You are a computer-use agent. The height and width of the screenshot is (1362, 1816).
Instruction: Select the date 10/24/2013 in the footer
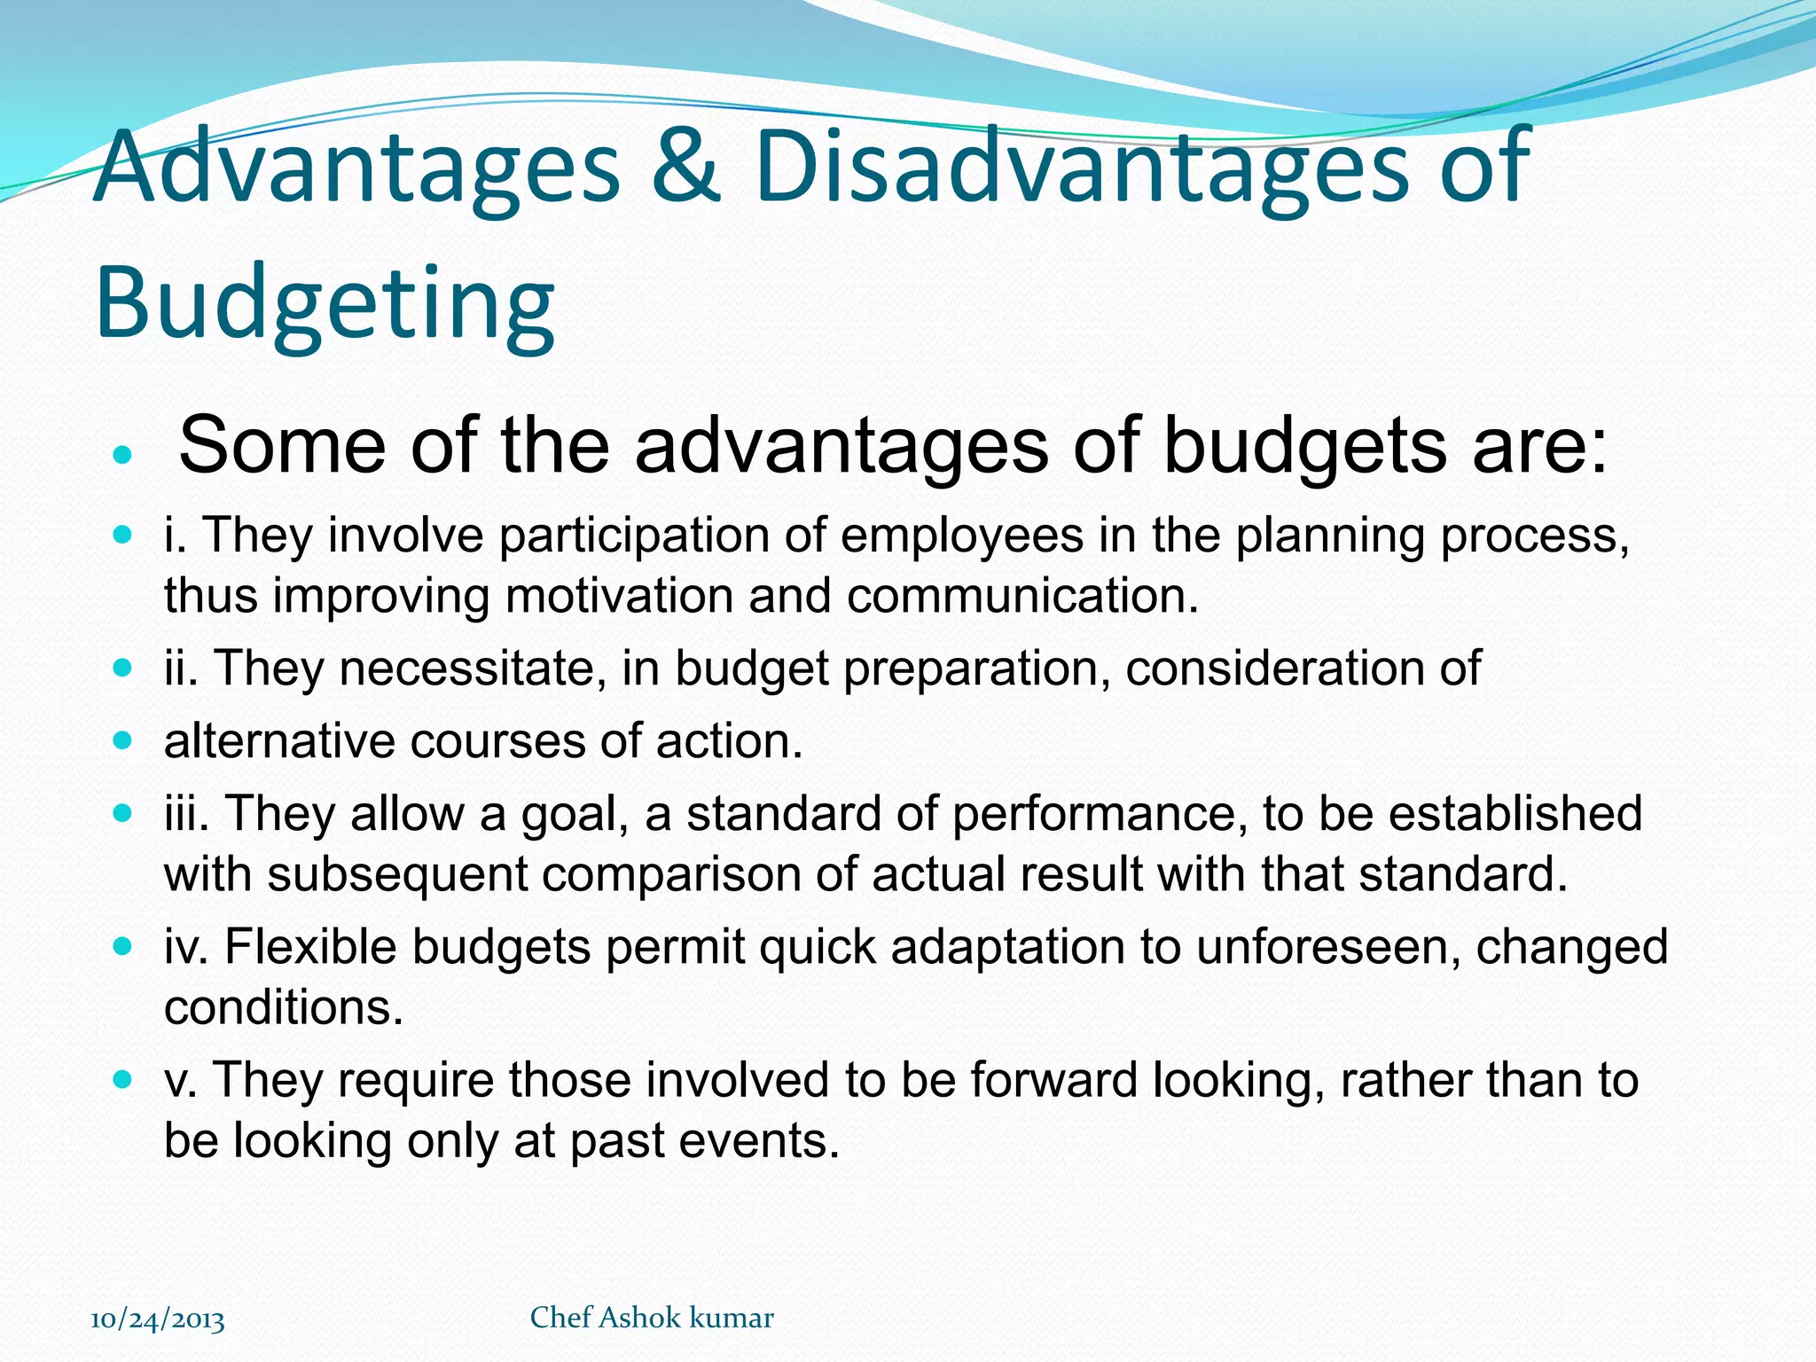[x=158, y=1319]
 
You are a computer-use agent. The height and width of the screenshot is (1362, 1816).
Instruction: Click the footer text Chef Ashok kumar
[x=652, y=1318]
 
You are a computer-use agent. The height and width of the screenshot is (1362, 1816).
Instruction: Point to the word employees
[x=962, y=536]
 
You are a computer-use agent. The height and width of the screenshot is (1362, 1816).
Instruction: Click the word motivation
[x=619, y=596]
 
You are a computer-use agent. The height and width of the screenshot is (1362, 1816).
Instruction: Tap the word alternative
[x=279, y=741]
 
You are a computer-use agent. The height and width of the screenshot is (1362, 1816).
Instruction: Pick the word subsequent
[x=397, y=874]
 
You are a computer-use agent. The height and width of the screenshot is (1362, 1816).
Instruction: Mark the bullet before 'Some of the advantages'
[x=123, y=457]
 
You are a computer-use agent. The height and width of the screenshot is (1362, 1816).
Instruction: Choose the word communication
[x=1021, y=596]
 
